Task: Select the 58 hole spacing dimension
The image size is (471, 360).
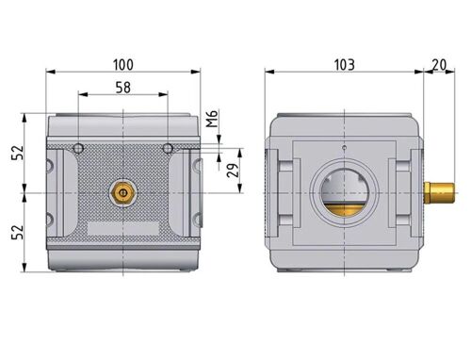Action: [123, 87]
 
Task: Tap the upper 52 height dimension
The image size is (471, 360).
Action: [15, 154]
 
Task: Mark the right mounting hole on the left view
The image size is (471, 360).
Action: [168, 149]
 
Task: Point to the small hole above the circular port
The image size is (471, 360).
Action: [344, 150]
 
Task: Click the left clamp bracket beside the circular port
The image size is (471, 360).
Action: [287, 192]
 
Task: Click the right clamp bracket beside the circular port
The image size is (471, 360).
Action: [402, 192]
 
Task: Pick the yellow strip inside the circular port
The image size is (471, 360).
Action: [344, 205]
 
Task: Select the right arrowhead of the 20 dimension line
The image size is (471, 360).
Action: [454, 72]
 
